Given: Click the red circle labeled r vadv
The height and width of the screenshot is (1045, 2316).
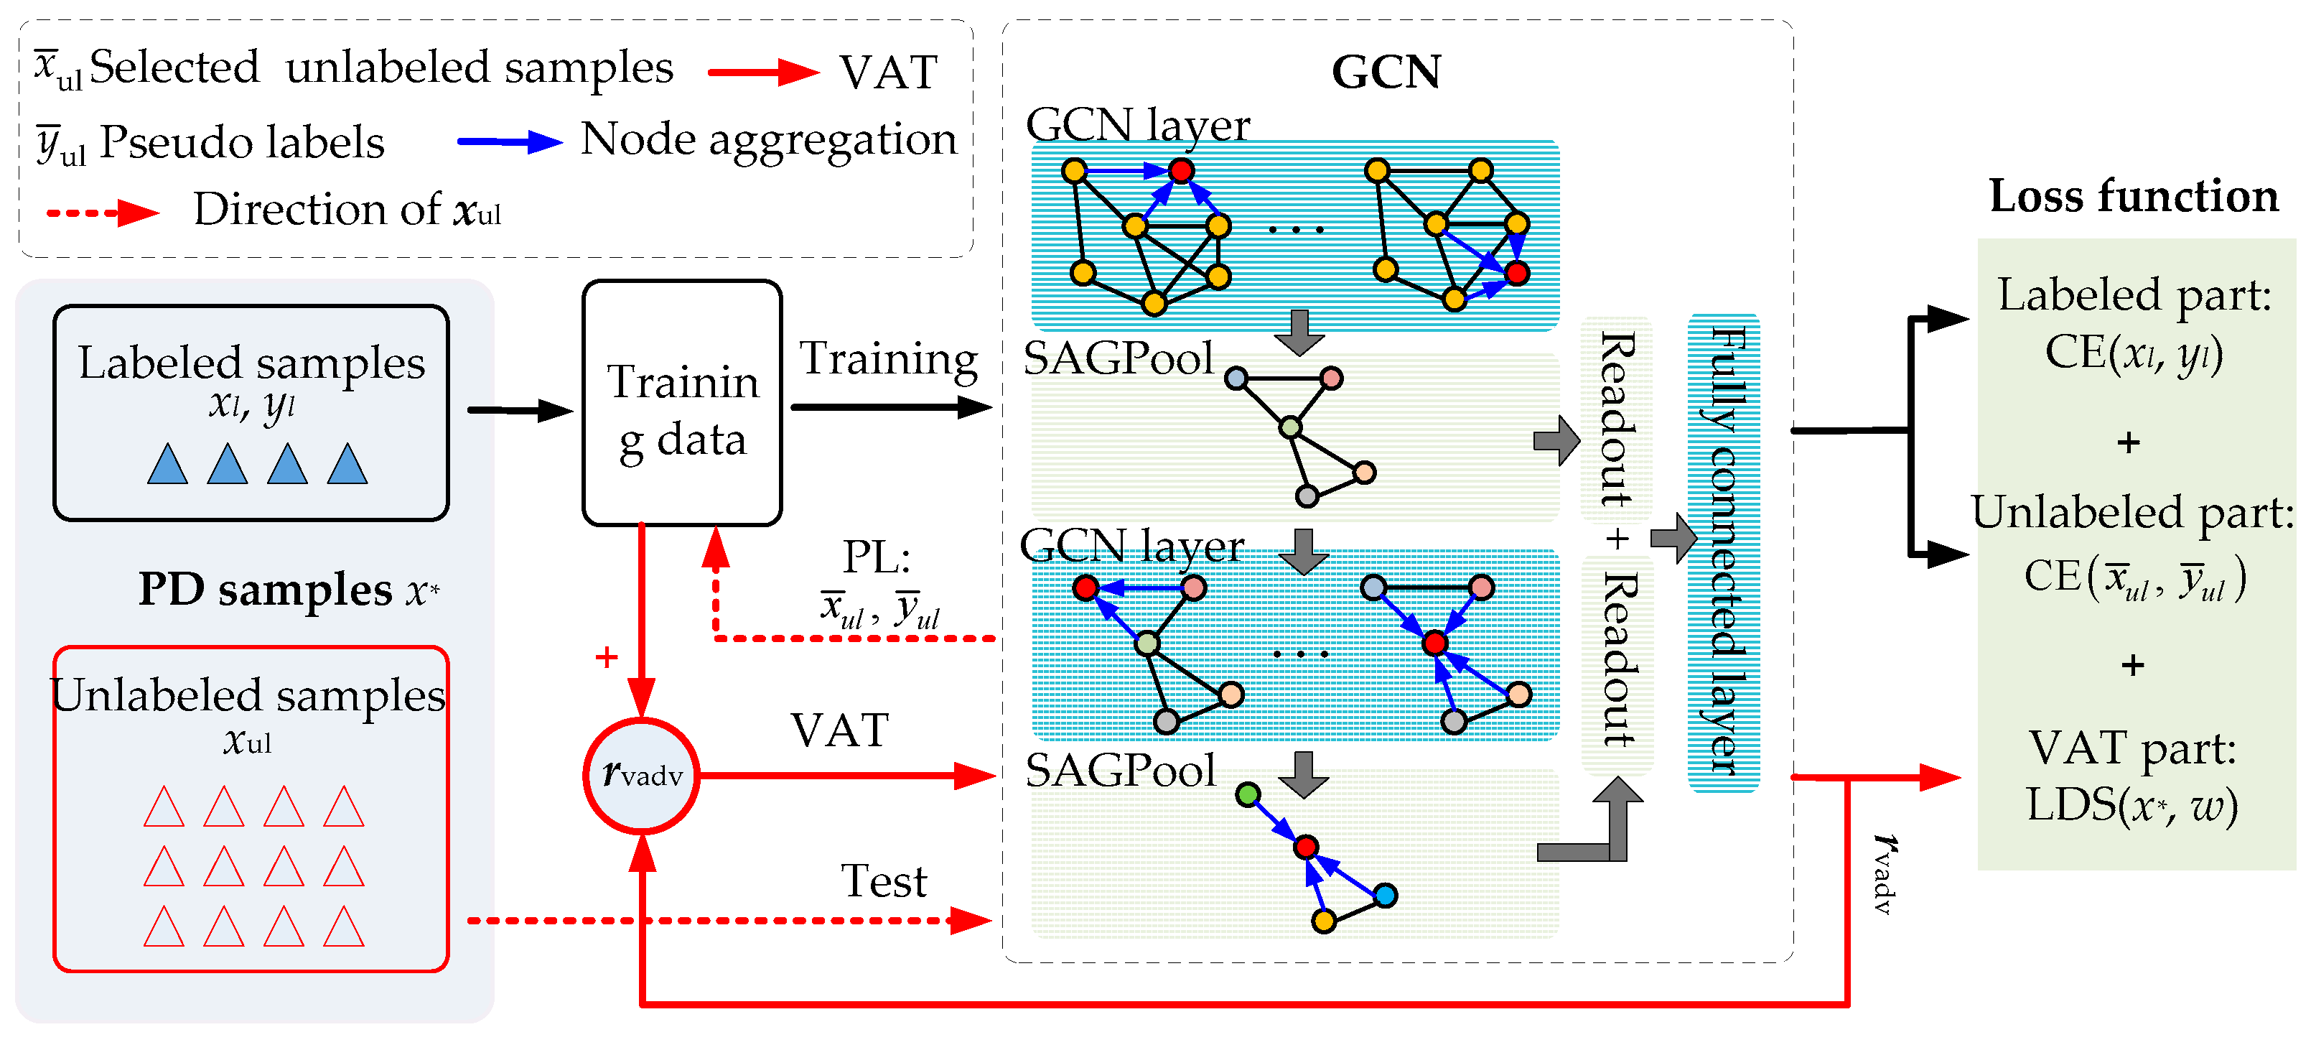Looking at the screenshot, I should point(641,775).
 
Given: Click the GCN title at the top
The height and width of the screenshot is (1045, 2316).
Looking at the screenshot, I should point(1386,72).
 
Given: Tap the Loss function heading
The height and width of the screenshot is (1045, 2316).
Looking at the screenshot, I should point(2133,196).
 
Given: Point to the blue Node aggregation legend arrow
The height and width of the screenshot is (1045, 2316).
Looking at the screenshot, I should point(509,141).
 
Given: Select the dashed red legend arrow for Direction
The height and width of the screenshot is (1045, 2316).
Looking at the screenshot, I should point(103,213).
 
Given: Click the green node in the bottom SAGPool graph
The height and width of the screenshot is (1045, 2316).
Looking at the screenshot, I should point(1247,794).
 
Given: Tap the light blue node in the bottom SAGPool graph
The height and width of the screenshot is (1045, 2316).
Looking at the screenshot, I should point(1386,895).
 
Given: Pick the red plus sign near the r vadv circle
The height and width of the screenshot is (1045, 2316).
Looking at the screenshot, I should point(607,657).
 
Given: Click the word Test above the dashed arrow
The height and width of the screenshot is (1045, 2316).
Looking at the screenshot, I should point(883,881).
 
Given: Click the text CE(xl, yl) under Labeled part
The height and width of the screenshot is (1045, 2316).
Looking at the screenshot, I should point(2133,353).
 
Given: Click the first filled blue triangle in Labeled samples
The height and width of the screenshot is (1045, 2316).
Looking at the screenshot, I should point(167,464).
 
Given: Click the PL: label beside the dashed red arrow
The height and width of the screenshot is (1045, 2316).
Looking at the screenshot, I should point(876,557).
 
